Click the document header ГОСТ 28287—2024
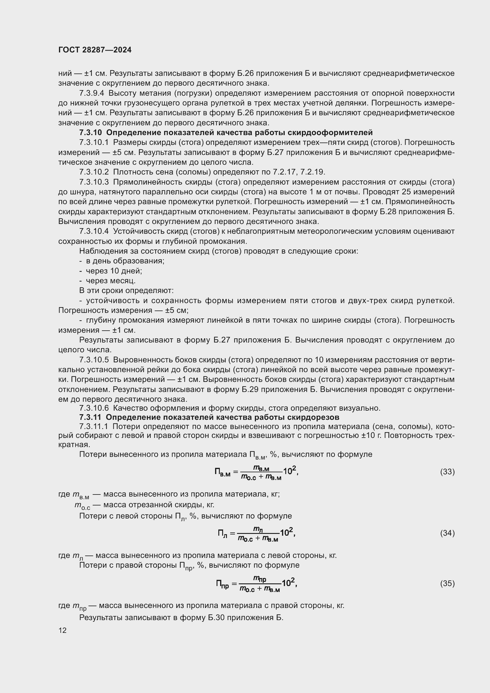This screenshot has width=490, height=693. pos(95,50)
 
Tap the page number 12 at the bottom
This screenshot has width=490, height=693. pos(63,630)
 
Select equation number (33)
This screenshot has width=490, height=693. pos(447,471)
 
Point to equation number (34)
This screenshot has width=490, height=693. pos(447,533)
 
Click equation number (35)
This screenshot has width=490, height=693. pos(447,583)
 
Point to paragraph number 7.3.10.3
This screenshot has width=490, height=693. pos(94,182)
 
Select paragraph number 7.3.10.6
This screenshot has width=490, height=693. pos(94,408)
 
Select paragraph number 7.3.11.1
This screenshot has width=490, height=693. pos(94,426)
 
